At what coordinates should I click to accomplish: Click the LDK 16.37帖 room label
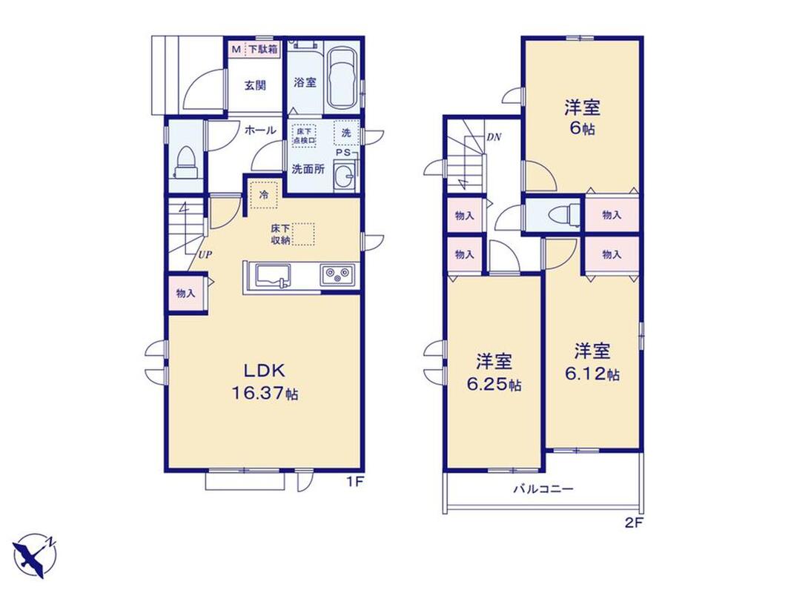pyautogui.click(x=265, y=382)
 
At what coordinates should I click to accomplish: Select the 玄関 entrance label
pyautogui.click(x=255, y=85)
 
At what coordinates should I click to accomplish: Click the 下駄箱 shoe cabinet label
pyautogui.click(x=262, y=50)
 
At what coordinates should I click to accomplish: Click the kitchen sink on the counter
pyautogui.click(x=272, y=276)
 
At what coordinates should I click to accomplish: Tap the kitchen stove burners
pyautogui.click(x=337, y=275)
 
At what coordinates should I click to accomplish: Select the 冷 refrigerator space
pyautogui.click(x=265, y=195)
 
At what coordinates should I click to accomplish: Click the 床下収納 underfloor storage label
pyautogui.click(x=280, y=234)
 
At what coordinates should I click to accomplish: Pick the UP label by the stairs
pyautogui.click(x=205, y=255)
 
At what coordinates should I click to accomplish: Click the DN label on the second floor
pyautogui.click(x=494, y=137)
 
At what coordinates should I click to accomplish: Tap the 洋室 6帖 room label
pyautogui.click(x=582, y=118)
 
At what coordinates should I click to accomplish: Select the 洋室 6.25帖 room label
pyautogui.click(x=494, y=372)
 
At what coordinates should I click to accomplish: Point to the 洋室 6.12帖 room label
pyautogui.click(x=592, y=362)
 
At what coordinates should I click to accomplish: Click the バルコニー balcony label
pyautogui.click(x=543, y=488)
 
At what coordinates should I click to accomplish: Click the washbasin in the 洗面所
pyautogui.click(x=345, y=177)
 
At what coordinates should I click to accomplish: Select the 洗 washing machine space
pyautogui.click(x=346, y=133)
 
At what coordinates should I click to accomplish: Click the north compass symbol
pyautogui.click(x=36, y=555)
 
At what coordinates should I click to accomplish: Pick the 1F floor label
pyautogui.click(x=354, y=482)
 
